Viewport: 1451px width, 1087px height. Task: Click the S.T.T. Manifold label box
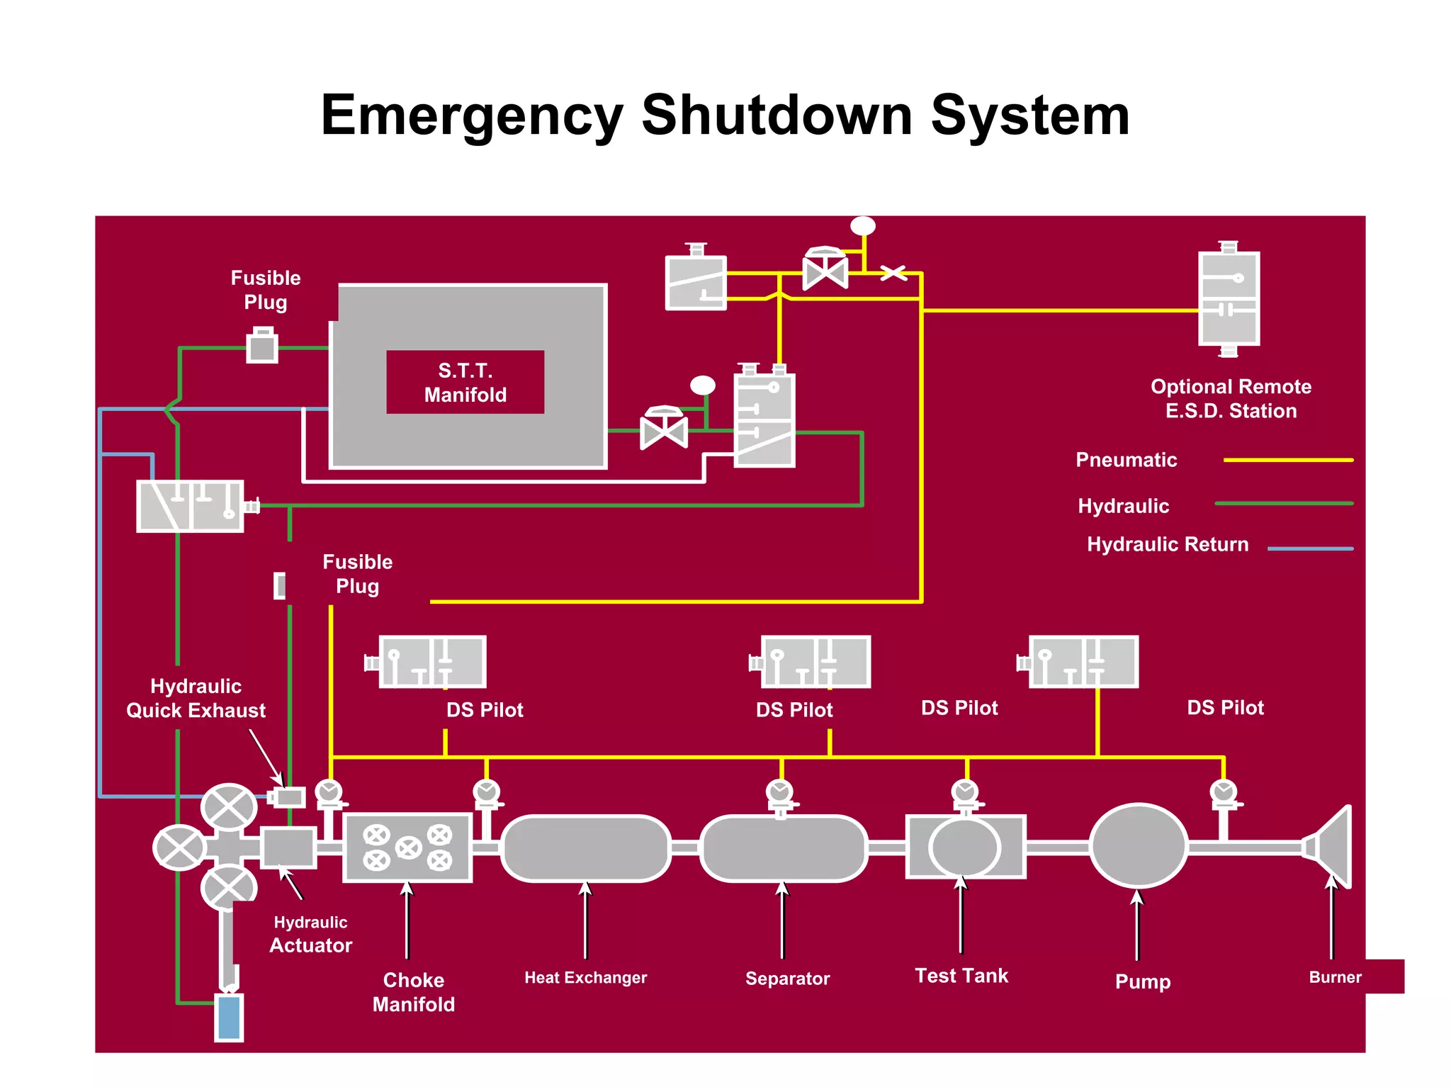pos(465,382)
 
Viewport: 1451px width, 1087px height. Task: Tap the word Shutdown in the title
pos(777,115)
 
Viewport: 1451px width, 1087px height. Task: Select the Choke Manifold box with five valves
pos(407,847)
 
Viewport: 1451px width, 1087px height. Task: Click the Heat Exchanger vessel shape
pos(585,848)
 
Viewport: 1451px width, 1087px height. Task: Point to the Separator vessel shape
pos(784,848)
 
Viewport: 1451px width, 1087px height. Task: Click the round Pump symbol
pos(1138,845)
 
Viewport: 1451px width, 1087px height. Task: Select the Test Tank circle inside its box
pos(964,847)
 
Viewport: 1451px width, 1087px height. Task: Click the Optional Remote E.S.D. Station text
pos(1231,398)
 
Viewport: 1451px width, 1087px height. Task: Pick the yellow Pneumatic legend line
pos(1288,460)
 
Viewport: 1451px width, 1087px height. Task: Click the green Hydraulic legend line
pos(1284,504)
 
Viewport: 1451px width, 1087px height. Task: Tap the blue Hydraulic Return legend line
pos(1310,548)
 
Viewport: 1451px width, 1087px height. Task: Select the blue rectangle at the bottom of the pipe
pos(229,1018)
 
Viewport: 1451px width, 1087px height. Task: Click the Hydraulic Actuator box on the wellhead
pos(288,847)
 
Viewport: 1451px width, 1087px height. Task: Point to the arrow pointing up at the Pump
pos(1137,925)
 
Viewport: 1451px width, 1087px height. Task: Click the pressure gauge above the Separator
pos(780,791)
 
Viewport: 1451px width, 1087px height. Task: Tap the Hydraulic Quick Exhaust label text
pos(196,698)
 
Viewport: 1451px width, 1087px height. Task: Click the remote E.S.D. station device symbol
pos(1229,298)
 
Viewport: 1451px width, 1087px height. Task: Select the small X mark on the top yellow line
pos(893,273)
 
